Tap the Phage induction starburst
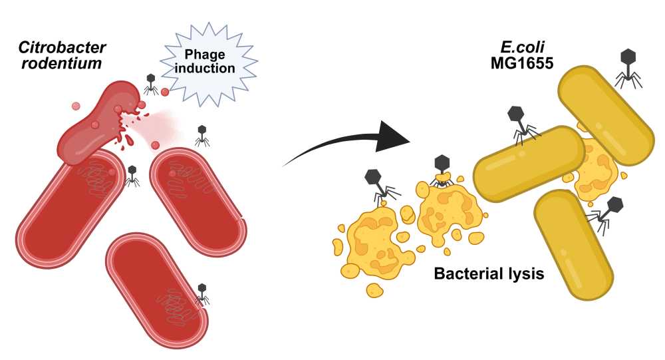click(x=209, y=61)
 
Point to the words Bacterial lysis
click(x=489, y=273)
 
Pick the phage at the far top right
click(x=628, y=66)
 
